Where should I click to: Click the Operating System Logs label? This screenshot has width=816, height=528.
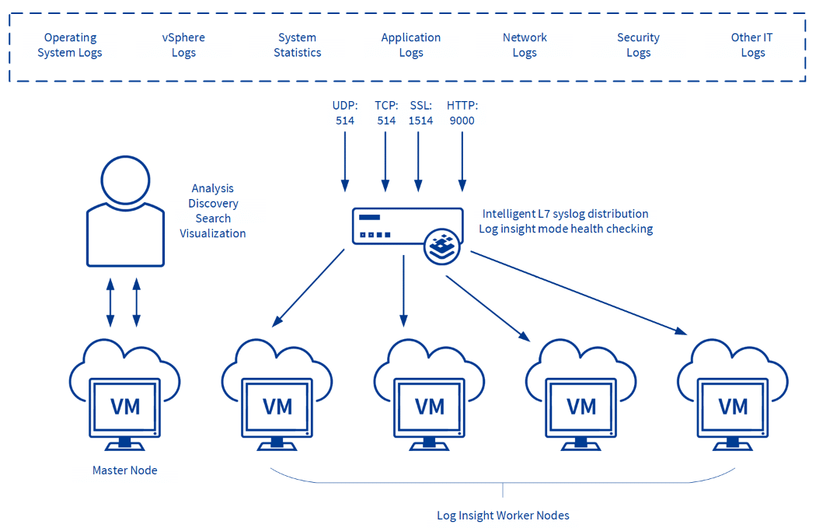[x=70, y=45]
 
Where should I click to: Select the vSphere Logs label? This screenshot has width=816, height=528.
[x=183, y=45]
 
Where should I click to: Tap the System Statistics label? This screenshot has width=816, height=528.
[x=297, y=45]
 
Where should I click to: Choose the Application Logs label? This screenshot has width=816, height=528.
[x=411, y=45]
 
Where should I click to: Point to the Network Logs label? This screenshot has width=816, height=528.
[x=525, y=45]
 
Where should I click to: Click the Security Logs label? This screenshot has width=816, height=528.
[x=638, y=45]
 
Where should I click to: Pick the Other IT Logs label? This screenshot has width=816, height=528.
[x=752, y=45]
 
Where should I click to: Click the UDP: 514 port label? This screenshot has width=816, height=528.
[x=344, y=113]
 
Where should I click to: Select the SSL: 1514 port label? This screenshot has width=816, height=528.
[x=420, y=113]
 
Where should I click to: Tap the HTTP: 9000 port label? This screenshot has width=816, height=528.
[x=462, y=113]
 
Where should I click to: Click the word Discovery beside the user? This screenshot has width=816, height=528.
[x=213, y=204]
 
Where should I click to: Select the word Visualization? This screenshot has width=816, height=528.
[x=213, y=233]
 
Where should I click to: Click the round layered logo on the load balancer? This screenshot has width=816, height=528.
[x=442, y=247]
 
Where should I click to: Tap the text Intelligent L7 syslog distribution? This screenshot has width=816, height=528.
[x=565, y=214]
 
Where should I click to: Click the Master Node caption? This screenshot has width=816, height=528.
[x=125, y=470]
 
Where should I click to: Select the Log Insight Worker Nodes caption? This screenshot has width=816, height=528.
[x=503, y=516]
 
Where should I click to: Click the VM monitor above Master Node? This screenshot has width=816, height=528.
[x=125, y=407]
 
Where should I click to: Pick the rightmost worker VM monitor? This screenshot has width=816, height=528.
[x=733, y=407]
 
